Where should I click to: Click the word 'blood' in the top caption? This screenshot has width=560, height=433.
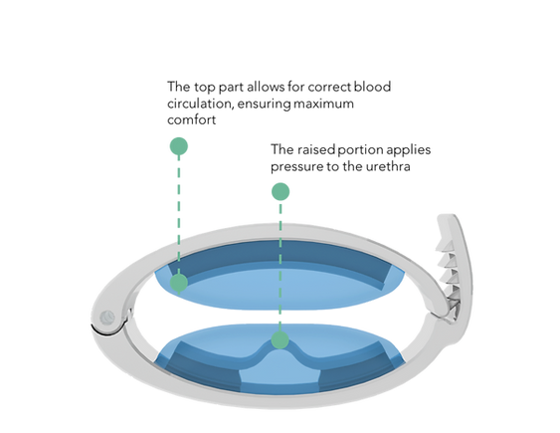coord(372,87)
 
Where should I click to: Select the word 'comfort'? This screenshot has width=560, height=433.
coord(191,119)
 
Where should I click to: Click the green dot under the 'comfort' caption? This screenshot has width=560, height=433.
coord(179,146)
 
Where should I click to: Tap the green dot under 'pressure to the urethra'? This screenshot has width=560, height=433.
coord(280,192)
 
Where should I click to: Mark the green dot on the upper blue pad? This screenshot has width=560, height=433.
coord(179,283)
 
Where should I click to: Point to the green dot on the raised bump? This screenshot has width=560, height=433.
coord(280,339)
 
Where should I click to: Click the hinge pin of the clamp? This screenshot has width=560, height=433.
coord(107,318)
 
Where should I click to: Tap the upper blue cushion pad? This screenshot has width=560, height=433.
coord(280,283)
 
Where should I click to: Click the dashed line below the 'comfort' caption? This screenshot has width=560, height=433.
coord(179,215)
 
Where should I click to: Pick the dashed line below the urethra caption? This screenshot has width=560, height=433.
coord(280,266)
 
